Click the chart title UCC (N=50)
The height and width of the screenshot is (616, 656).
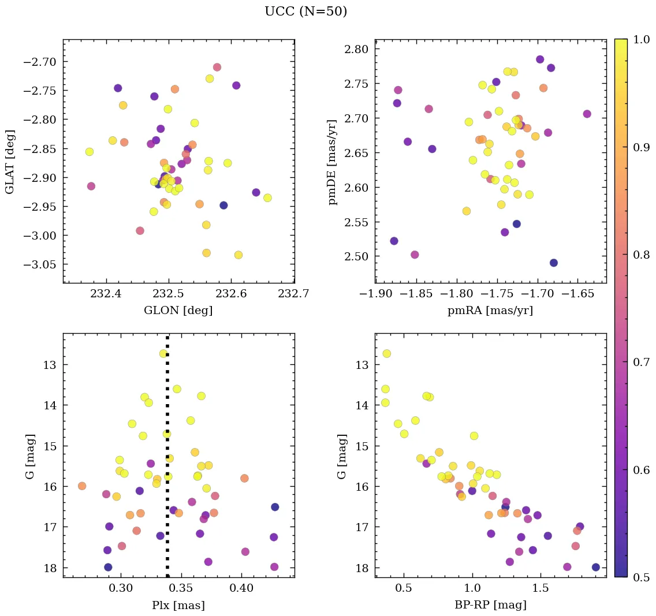click(305, 12)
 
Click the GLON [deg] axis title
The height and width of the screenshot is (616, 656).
click(178, 311)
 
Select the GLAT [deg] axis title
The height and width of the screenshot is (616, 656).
click(10, 162)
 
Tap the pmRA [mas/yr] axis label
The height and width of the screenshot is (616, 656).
click(490, 311)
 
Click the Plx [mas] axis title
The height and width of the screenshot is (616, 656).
click(178, 606)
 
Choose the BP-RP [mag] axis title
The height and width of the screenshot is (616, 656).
click(490, 606)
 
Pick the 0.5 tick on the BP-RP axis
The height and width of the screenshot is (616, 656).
click(404, 589)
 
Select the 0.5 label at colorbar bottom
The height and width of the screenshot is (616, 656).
click(641, 577)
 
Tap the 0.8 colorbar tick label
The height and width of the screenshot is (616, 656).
click(641, 255)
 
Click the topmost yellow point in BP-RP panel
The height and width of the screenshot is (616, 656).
click(386, 353)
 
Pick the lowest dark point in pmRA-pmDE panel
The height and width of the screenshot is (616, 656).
click(554, 263)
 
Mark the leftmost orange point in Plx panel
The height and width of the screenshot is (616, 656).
click(82, 486)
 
